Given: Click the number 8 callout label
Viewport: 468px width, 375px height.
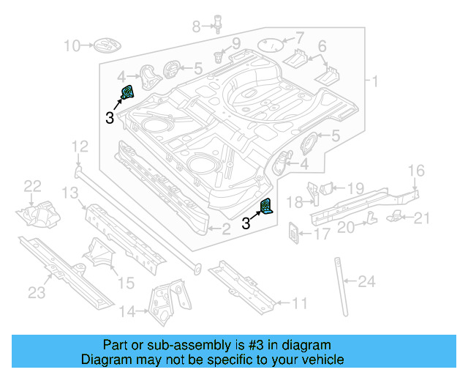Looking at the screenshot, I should point(195,27).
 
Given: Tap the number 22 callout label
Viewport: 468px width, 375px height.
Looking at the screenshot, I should point(33,186).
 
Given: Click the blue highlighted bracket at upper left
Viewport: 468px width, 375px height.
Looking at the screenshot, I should point(127,94).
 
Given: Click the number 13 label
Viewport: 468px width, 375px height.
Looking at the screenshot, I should point(69,193).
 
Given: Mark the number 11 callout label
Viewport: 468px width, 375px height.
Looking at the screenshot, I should point(300,302).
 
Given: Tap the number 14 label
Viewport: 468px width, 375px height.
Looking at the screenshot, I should point(127,313).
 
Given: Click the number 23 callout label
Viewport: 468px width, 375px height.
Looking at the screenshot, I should point(37,293).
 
